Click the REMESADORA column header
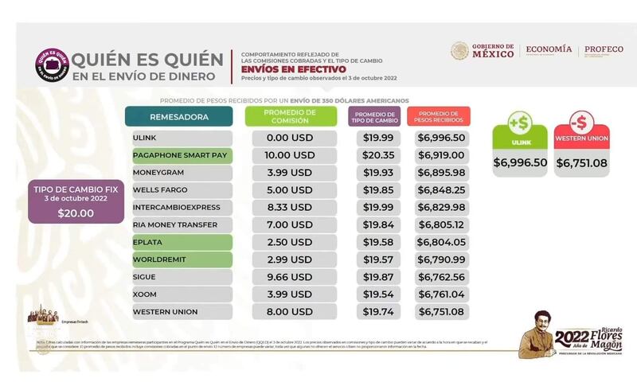point(180,117)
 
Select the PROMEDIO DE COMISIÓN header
point(290,117)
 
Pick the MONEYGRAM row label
point(180,173)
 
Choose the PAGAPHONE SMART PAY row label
point(180,155)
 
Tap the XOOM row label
point(180,294)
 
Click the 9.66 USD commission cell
point(290,276)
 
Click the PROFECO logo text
point(603,50)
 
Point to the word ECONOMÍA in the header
point(549,50)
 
